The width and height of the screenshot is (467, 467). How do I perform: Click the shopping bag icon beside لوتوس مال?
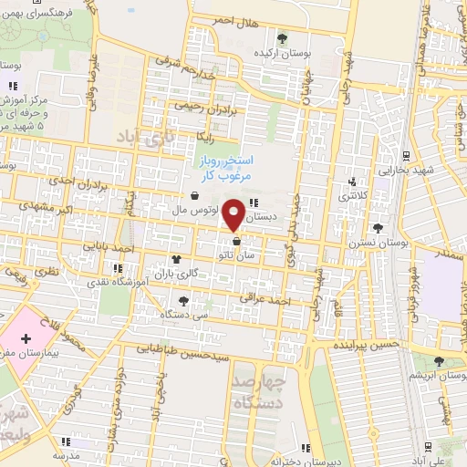195,195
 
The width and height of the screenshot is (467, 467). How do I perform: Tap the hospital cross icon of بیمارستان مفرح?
26,338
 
